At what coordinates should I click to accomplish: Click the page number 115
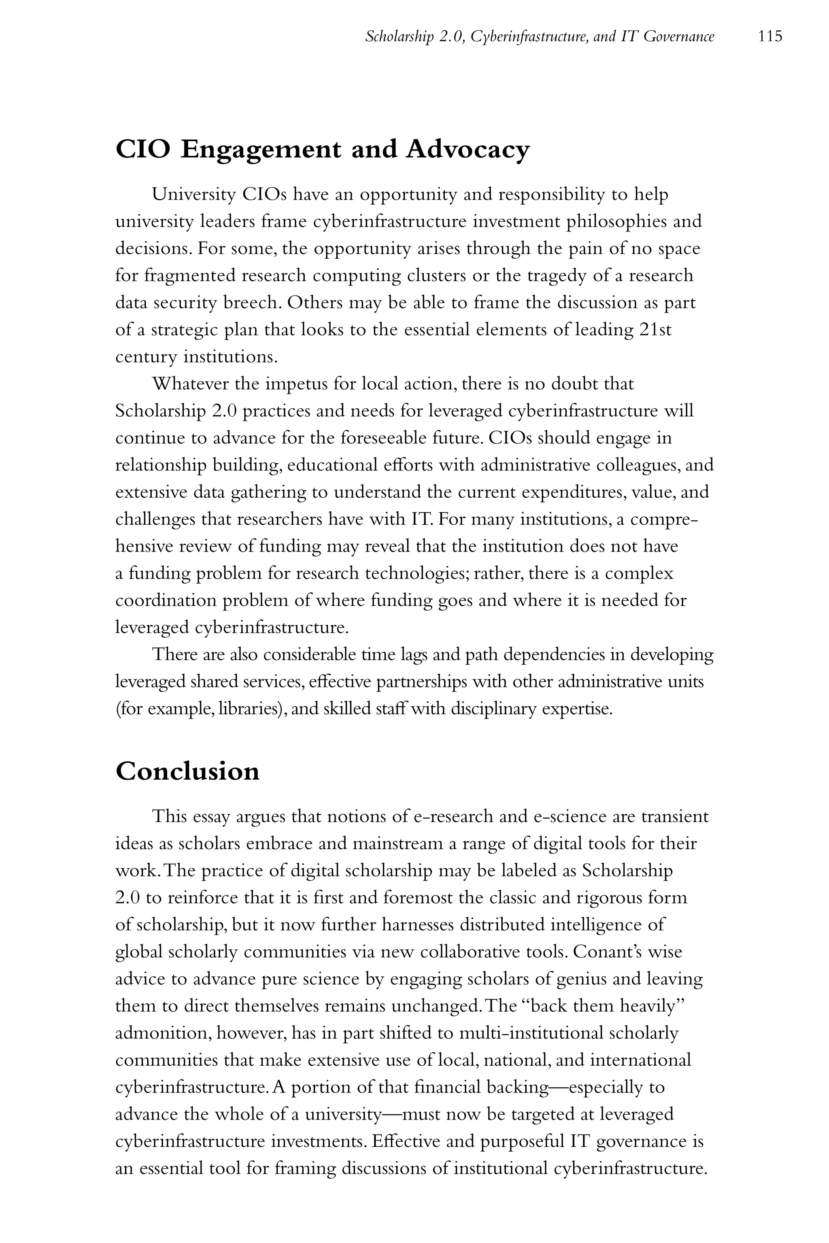click(x=770, y=36)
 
